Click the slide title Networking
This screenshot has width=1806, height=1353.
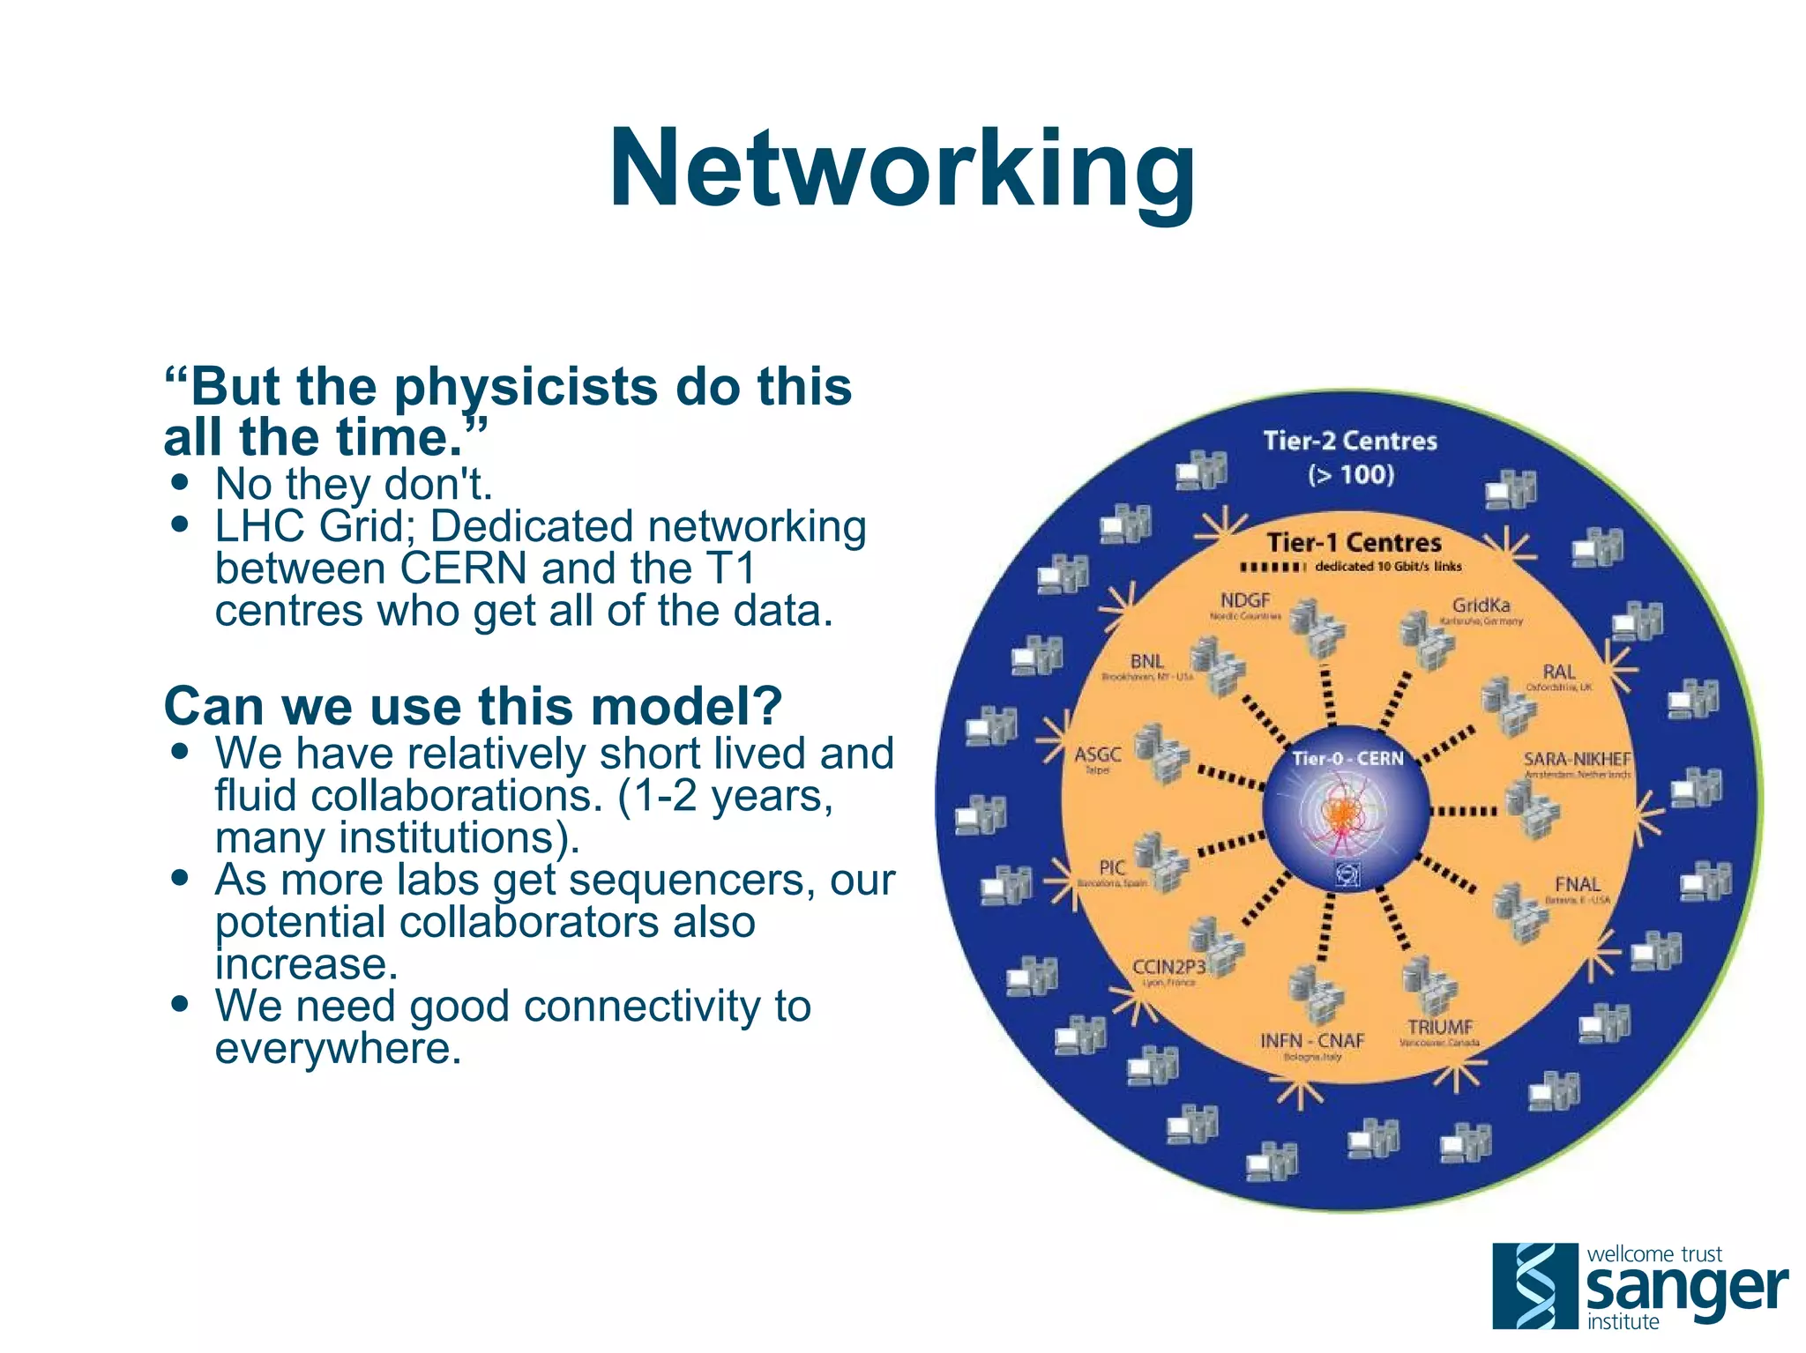(x=902, y=169)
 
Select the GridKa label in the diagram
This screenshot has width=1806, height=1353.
(x=1481, y=606)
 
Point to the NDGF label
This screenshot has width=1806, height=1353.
(x=1244, y=600)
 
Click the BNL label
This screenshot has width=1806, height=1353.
(x=1146, y=661)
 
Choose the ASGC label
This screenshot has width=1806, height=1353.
(x=1097, y=755)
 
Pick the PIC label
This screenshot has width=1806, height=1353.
(x=1111, y=867)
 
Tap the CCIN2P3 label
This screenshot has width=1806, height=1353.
(x=1168, y=967)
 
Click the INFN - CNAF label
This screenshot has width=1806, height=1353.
(x=1311, y=1041)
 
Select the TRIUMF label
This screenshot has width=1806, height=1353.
(x=1439, y=1027)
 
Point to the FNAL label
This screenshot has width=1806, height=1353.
(x=1577, y=884)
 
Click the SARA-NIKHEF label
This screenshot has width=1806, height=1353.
(x=1577, y=759)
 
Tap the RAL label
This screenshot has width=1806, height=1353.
(x=1558, y=672)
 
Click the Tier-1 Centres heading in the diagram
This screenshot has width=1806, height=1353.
(x=1354, y=542)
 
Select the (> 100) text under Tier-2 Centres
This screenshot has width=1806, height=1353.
(x=1350, y=475)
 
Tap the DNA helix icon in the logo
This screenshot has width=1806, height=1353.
(x=1534, y=1285)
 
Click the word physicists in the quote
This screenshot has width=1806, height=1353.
(x=525, y=388)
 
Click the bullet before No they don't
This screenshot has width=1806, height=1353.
(x=181, y=483)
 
